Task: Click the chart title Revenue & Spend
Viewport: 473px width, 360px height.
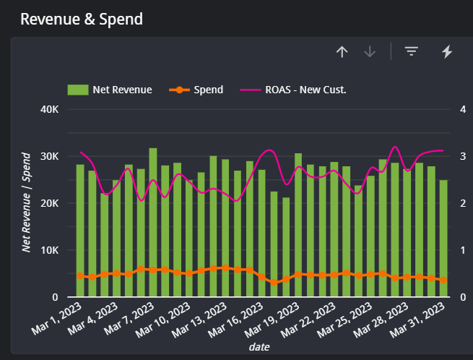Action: click(82, 20)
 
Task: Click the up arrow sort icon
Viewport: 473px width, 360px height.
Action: click(342, 51)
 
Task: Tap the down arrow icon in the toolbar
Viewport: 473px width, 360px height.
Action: click(370, 51)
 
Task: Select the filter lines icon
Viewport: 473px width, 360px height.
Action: click(412, 51)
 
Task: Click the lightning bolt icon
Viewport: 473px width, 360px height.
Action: click(447, 51)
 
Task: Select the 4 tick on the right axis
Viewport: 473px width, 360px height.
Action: click(463, 109)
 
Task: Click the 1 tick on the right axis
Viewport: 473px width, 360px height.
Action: click(463, 250)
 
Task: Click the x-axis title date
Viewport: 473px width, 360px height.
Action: click(259, 347)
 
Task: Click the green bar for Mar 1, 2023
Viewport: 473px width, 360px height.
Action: click(80, 231)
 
